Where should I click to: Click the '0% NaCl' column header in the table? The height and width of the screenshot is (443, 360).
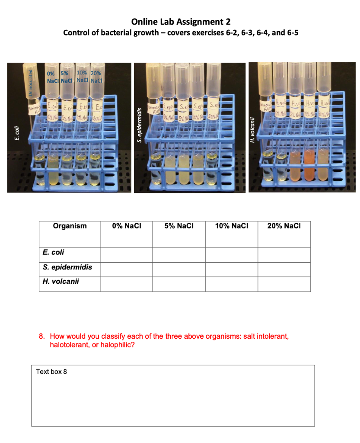pos(126,226)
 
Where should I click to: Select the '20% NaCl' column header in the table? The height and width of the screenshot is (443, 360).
pos(284,226)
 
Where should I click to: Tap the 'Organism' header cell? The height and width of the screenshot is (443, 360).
pos(70,226)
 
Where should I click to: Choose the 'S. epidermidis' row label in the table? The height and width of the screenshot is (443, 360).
pos(67,267)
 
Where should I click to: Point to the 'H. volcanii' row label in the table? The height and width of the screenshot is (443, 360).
pos(61,282)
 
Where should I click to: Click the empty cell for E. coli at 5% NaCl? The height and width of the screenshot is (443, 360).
pos(179,255)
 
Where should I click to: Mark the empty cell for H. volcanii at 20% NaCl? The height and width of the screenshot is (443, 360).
pos(284,284)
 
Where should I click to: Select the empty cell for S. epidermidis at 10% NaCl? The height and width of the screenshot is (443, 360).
pos(231,270)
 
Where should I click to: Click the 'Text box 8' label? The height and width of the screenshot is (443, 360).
pos(51,372)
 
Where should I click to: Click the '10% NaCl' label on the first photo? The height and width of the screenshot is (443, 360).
pos(82,76)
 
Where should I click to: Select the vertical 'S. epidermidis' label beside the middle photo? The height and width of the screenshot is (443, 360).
pos(140,125)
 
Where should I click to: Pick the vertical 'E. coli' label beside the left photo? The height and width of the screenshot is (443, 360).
pos(16,132)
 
